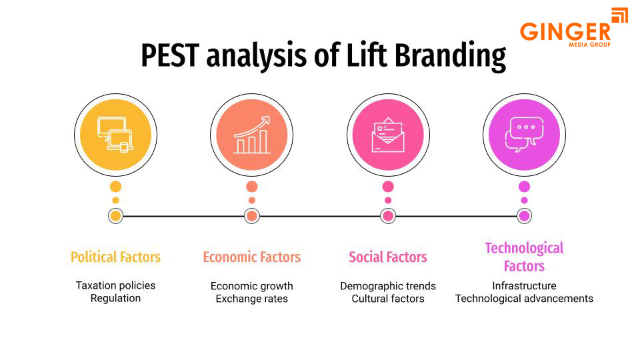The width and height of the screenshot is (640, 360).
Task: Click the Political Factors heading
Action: point(115,257)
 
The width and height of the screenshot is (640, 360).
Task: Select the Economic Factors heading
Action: point(252,257)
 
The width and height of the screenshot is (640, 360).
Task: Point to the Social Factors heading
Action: point(388,257)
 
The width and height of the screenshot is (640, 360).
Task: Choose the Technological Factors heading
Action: point(524,257)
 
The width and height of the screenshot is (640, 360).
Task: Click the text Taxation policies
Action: point(115,285)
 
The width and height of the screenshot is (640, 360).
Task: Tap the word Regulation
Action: point(115,298)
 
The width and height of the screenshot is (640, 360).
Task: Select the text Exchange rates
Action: point(252,299)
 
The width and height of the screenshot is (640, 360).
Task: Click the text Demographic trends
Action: point(388,286)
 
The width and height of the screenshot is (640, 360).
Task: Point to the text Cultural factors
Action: point(388,299)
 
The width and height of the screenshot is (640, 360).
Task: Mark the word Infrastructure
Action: point(524,286)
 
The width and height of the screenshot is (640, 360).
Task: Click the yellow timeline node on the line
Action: point(115,216)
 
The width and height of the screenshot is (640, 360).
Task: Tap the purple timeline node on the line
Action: point(524,216)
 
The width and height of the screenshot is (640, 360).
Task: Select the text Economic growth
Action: point(252,286)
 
